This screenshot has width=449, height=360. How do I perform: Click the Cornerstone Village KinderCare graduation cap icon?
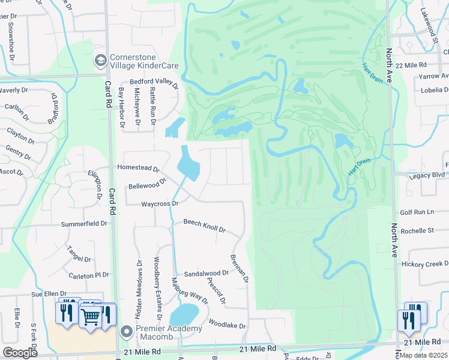pyautogui.click(x=100, y=60)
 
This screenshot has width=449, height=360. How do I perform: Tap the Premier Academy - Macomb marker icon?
pyautogui.click(x=126, y=331)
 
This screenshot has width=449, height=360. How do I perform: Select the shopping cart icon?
pyautogui.click(x=90, y=316)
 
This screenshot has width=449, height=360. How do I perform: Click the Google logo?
pyautogui.click(x=20, y=353)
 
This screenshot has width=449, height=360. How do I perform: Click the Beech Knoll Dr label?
pyautogui.click(x=204, y=226)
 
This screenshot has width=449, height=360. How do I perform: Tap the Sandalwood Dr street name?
pyautogui.click(x=206, y=273)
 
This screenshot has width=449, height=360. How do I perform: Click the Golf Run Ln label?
pyautogui.click(x=417, y=212)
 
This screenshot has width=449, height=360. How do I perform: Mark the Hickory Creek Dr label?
pyautogui.click(x=424, y=264)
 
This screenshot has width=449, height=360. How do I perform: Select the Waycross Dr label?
pyautogui.click(x=160, y=204)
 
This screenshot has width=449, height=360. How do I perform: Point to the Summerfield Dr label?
pyautogui.click(x=84, y=224)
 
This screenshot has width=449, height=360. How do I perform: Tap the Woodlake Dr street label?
pyautogui.click(x=227, y=326)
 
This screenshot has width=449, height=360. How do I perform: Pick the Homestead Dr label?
pyautogui.click(x=138, y=169)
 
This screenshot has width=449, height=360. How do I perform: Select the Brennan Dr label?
pyautogui.click(x=239, y=268)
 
